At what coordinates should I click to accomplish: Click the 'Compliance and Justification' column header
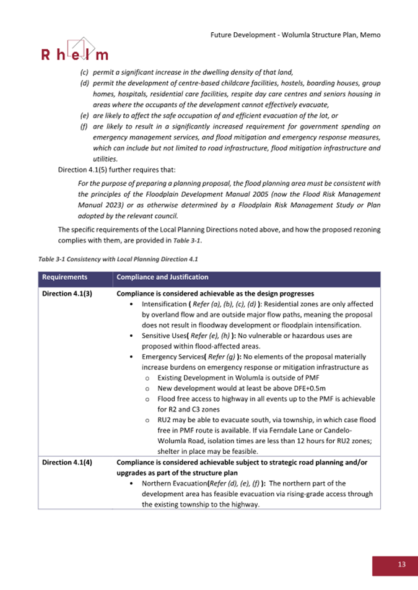coord(162,277)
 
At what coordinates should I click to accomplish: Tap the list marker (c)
coord(84,73)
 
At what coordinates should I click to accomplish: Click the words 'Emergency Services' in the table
coord(173,357)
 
